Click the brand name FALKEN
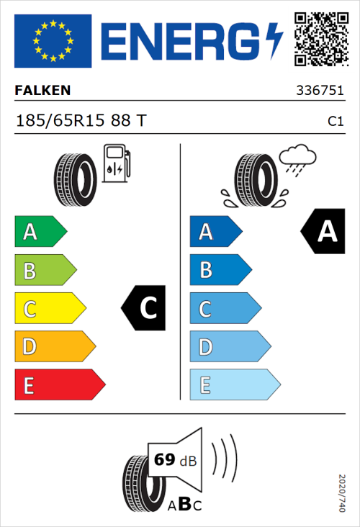tap(42, 91)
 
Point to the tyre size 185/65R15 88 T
tap(81, 121)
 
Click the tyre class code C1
tap(335, 122)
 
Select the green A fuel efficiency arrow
tap(40, 232)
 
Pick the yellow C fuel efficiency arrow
tap(49, 309)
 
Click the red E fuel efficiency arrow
tap(59, 385)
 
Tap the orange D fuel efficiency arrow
tap(54, 347)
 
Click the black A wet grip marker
tap(324, 232)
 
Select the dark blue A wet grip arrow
tap(215, 232)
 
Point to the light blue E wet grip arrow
tap(234, 385)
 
